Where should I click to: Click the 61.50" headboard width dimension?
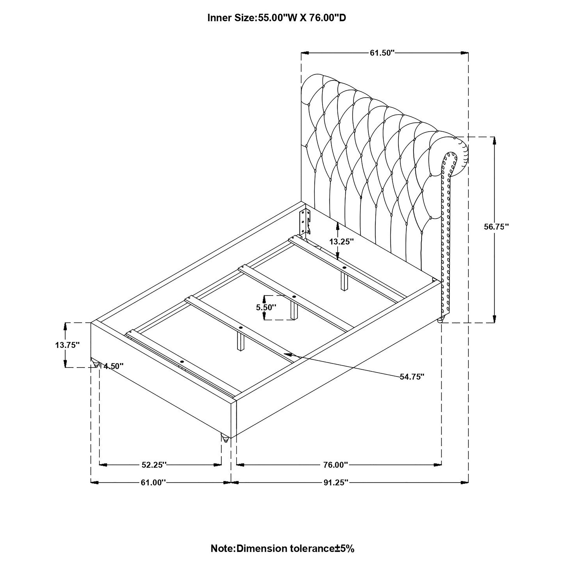tap(382, 53)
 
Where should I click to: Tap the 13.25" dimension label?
tap(341, 242)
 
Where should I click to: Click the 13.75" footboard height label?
tap(68, 345)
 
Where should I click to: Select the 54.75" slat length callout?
tap(412, 377)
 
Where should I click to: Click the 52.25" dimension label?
tap(154, 473)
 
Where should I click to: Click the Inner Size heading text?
tap(276, 18)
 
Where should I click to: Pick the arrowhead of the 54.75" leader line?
tap(288, 354)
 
